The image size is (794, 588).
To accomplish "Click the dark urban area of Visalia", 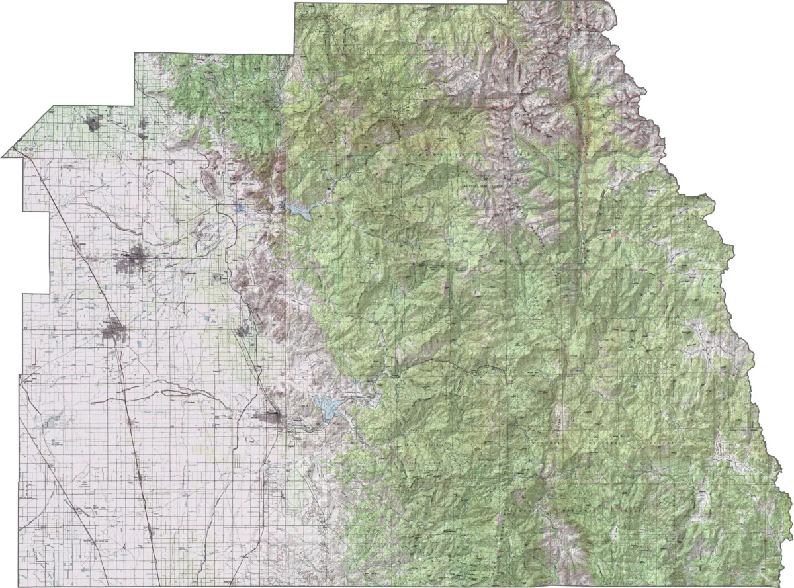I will (134, 259).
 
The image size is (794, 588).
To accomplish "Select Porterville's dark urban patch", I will (271, 417).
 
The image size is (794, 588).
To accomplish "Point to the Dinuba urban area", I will (92, 123).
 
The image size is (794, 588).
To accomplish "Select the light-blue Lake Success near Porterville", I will (326, 405).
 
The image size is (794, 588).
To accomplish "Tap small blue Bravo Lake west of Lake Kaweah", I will (240, 208).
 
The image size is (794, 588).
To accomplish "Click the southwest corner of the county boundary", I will (20, 585).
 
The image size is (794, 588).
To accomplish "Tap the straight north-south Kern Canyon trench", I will (581, 198).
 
